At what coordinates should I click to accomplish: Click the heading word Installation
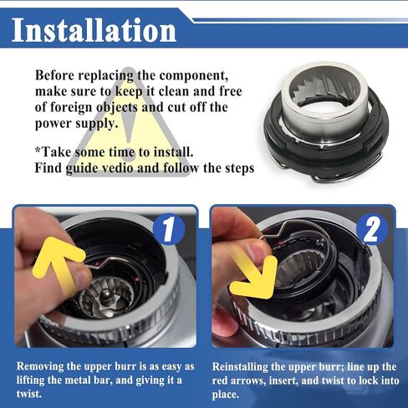[94, 30]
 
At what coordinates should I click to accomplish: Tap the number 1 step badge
[169, 229]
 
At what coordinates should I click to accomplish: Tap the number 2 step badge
[372, 229]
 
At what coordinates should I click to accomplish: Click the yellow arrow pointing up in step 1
[58, 265]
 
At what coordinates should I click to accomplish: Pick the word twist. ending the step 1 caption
[28, 394]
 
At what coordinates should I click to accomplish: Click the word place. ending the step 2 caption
[226, 395]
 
